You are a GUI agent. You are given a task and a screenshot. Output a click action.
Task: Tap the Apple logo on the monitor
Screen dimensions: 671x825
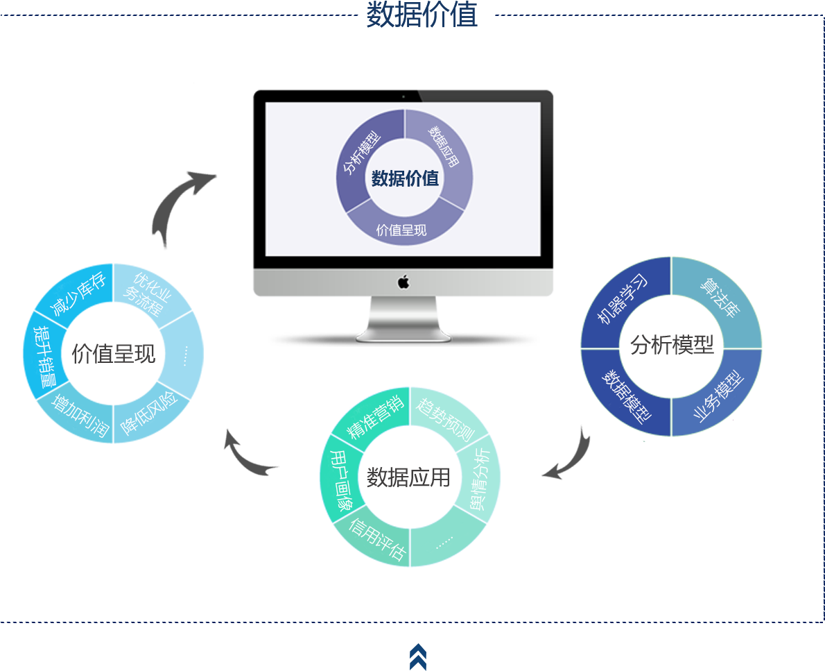tap(403, 282)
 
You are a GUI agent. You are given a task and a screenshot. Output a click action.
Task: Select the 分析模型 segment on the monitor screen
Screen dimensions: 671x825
tap(361, 153)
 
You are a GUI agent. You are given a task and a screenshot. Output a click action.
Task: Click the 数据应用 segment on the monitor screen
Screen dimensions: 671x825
tap(444, 147)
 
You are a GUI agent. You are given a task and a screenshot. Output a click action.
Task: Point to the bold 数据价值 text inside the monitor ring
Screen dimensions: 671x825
tap(405, 178)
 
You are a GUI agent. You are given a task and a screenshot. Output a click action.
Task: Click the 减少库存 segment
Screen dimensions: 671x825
tap(78, 295)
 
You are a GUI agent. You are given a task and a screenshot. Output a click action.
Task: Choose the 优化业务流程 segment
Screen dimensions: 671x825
tap(148, 295)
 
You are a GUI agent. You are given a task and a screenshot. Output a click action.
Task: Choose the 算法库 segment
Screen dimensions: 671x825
tap(719, 298)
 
